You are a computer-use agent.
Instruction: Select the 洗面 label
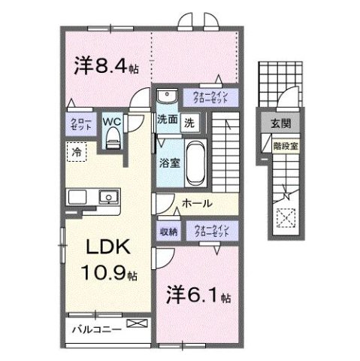(x=168, y=119)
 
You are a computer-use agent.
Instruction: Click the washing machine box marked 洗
(x=190, y=121)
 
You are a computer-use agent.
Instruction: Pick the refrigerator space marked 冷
(x=77, y=153)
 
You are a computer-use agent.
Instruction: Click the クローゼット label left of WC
(x=80, y=124)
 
